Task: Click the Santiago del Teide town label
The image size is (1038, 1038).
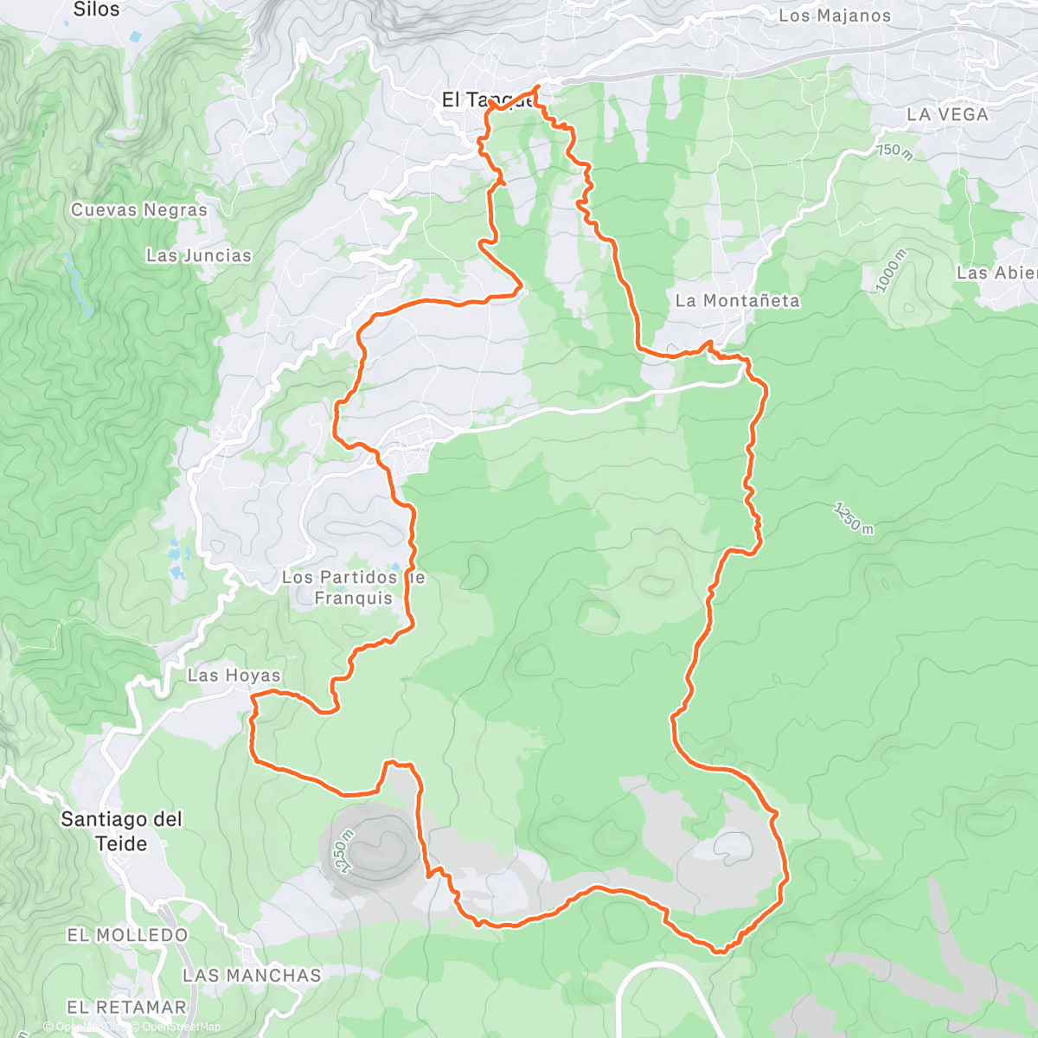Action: click(121, 831)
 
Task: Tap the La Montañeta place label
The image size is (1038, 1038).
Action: click(737, 301)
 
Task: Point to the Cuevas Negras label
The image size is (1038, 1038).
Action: click(139, 210)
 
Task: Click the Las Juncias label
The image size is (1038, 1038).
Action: click(198, 255)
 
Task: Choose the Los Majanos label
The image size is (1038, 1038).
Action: click(834, 16)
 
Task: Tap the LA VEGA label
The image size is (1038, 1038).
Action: click(947, 114)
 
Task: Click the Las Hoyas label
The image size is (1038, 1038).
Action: click(234, 676)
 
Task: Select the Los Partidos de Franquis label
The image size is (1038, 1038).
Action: click(353, 587)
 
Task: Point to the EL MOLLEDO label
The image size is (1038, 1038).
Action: click(127, 935)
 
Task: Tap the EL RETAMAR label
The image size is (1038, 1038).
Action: click(126, 1007)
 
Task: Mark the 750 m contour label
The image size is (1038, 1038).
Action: click(895, 151)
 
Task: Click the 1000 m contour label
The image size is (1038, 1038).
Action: click(891, 271)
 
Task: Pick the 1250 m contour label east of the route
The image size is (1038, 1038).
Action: click(854, 517)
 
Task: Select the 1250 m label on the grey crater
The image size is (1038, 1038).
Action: click(343, 851)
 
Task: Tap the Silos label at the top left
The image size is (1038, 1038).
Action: click(96, 10)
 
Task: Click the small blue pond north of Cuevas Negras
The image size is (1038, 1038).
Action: click(135, 37)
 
